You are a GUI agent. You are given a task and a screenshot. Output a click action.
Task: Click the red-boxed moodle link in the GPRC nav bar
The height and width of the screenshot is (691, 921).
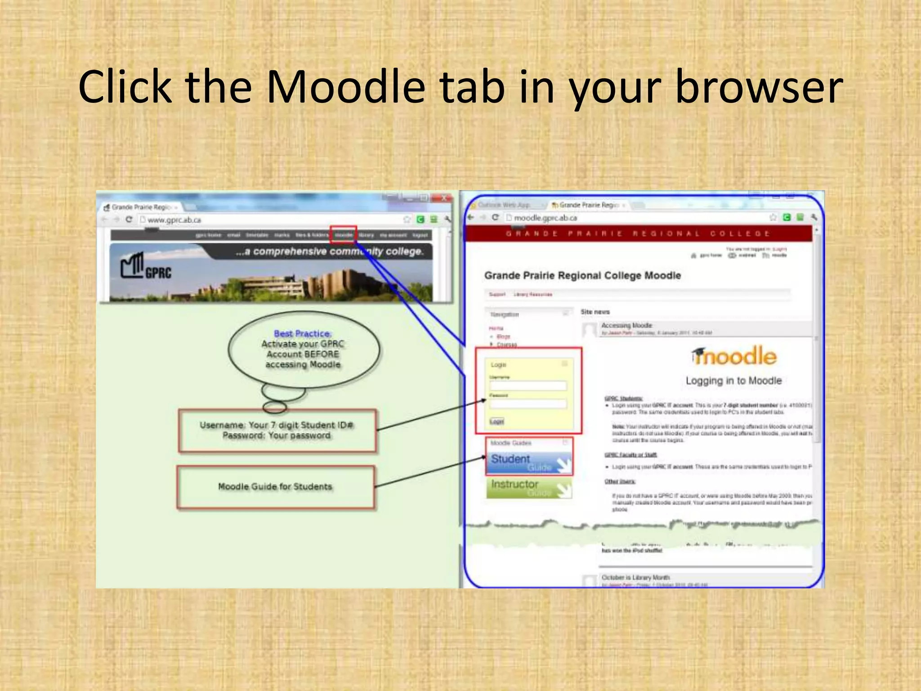(x=344, y=235)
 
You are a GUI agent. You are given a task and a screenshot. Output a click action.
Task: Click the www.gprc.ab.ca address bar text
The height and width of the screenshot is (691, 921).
(x=174, y=220)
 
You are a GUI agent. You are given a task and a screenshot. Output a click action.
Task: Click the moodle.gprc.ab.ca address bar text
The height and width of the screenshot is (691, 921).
(x=545, y=218)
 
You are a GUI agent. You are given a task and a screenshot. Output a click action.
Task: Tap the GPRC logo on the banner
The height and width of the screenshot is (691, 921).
(x=146, y=266)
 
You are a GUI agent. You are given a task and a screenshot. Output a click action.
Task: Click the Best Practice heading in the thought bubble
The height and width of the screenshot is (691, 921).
(x=303, y=334)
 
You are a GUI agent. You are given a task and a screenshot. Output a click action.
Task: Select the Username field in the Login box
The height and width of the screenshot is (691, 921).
(x=528, y=386)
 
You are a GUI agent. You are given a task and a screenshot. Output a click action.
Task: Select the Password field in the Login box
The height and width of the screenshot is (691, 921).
(x=528, y=404)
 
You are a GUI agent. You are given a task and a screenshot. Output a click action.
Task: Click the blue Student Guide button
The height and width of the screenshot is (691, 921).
(x=529, y=462)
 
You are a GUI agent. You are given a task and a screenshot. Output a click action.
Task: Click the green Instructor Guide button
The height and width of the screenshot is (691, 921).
(x=529, y=488)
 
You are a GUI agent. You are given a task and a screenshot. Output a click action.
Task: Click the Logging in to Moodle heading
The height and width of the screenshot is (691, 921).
(x=734, y=381)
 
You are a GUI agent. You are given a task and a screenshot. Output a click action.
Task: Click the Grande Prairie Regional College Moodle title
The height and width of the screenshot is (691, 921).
(x=582, y=276)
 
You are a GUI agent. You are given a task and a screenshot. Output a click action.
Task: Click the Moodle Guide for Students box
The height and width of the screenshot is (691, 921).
(x=275, y=487)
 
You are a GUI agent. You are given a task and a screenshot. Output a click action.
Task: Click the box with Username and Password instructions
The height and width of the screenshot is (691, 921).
(x=277, y=431)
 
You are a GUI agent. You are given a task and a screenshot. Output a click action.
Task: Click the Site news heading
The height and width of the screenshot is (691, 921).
(x=595, y=312)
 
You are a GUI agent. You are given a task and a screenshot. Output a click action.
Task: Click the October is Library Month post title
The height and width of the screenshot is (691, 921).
(x=635, y=577)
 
